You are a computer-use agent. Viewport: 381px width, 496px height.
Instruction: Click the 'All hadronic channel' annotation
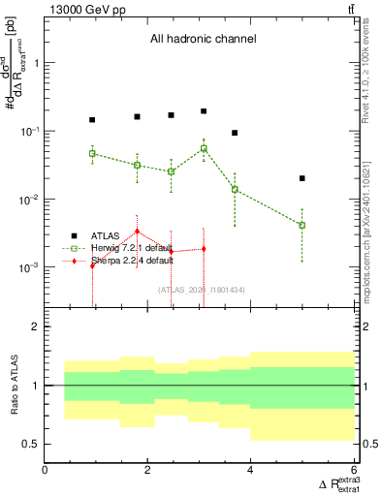coord(202,40)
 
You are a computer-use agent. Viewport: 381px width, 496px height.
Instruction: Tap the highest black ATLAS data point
coord(204,111)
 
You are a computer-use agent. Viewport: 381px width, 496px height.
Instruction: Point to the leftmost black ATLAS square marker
coord(92,120)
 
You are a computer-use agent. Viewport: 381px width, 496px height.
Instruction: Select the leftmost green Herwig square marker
coord(92,153)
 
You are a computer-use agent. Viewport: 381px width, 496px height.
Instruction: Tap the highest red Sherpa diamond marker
coord(138,232)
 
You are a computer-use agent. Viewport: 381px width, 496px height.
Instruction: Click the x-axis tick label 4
coord(251,471)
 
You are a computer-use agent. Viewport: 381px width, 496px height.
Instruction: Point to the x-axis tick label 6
coord(354,471)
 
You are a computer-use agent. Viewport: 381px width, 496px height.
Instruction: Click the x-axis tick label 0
coord(46,471)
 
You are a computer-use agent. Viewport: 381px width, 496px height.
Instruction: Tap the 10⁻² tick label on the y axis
coord(29,200)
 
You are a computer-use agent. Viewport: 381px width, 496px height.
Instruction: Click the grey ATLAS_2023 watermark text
coord(202,289)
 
